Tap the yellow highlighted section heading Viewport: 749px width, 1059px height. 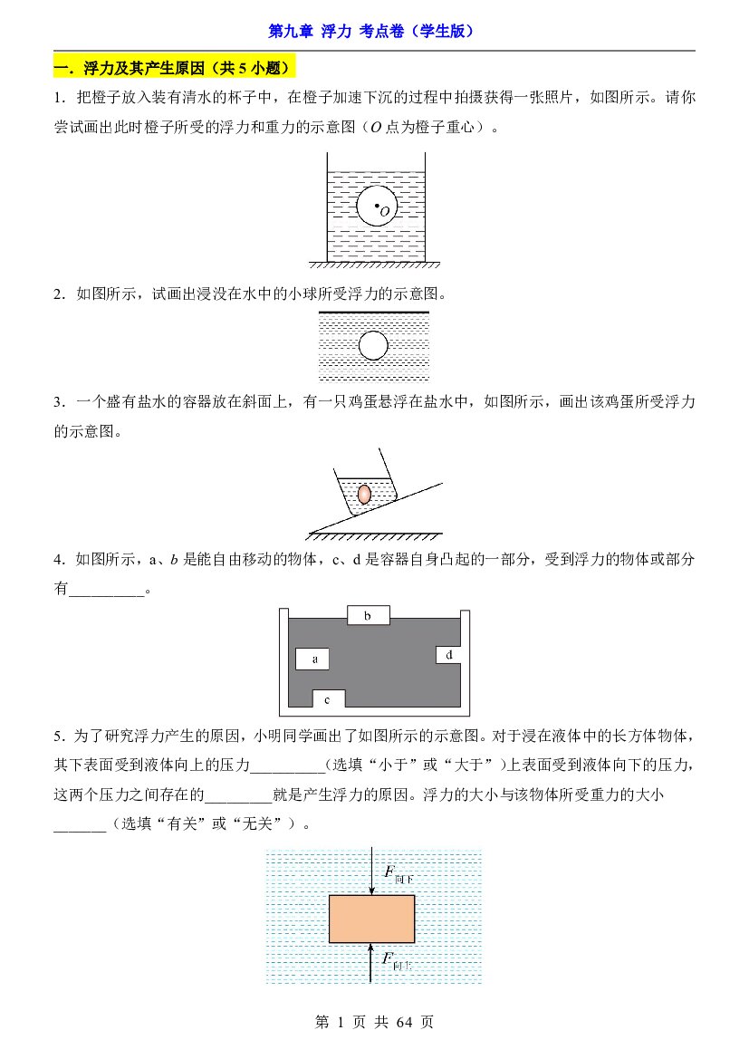(175, 68)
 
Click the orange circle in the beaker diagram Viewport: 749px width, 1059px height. (377, 206)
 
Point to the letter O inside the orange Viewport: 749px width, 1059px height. (385, 211)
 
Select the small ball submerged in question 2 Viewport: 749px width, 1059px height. (373, 346)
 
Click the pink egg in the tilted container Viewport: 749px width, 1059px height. (364, 494)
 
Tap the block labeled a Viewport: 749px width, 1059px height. (312, 659)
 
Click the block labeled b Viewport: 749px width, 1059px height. (368, 615)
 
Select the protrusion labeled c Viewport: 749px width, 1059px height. (328, 699)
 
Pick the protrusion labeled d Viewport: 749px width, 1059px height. (448, 654)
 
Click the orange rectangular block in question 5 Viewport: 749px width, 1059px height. (371, 919)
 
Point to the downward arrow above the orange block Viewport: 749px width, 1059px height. (371, 871)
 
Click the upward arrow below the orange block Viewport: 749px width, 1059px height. (370, 963)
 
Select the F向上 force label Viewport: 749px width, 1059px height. (397, 960)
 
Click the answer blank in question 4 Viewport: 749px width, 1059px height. (107, 589)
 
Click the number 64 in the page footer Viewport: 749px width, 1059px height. (404, 1023)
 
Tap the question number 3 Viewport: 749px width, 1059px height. (58, 402)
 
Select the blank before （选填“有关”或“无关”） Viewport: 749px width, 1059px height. (81, 824)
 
